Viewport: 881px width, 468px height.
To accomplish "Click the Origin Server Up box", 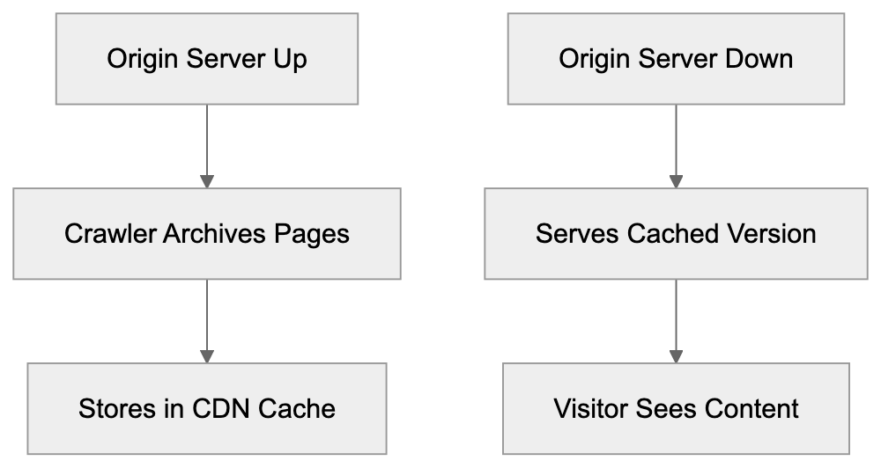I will click(x=207, y=59).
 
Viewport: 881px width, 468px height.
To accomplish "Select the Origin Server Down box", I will click(x=676, y=59).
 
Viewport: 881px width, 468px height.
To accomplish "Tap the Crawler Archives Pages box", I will click(x=207, y=234).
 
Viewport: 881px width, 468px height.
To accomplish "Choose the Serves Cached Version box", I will click(x=676, y=234).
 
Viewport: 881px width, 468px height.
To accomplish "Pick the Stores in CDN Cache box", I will click(x=207, y=409).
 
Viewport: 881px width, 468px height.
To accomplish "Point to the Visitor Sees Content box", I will click(x=676, y=409).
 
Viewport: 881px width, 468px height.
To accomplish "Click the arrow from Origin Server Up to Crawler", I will click(x=207, y=146).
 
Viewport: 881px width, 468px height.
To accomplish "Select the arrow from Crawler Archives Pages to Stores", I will click(x=207, y=321).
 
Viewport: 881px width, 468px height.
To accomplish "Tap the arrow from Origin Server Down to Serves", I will click(x=676, y=146).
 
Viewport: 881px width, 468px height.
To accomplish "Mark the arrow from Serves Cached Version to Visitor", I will click(x=676, y=321).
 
